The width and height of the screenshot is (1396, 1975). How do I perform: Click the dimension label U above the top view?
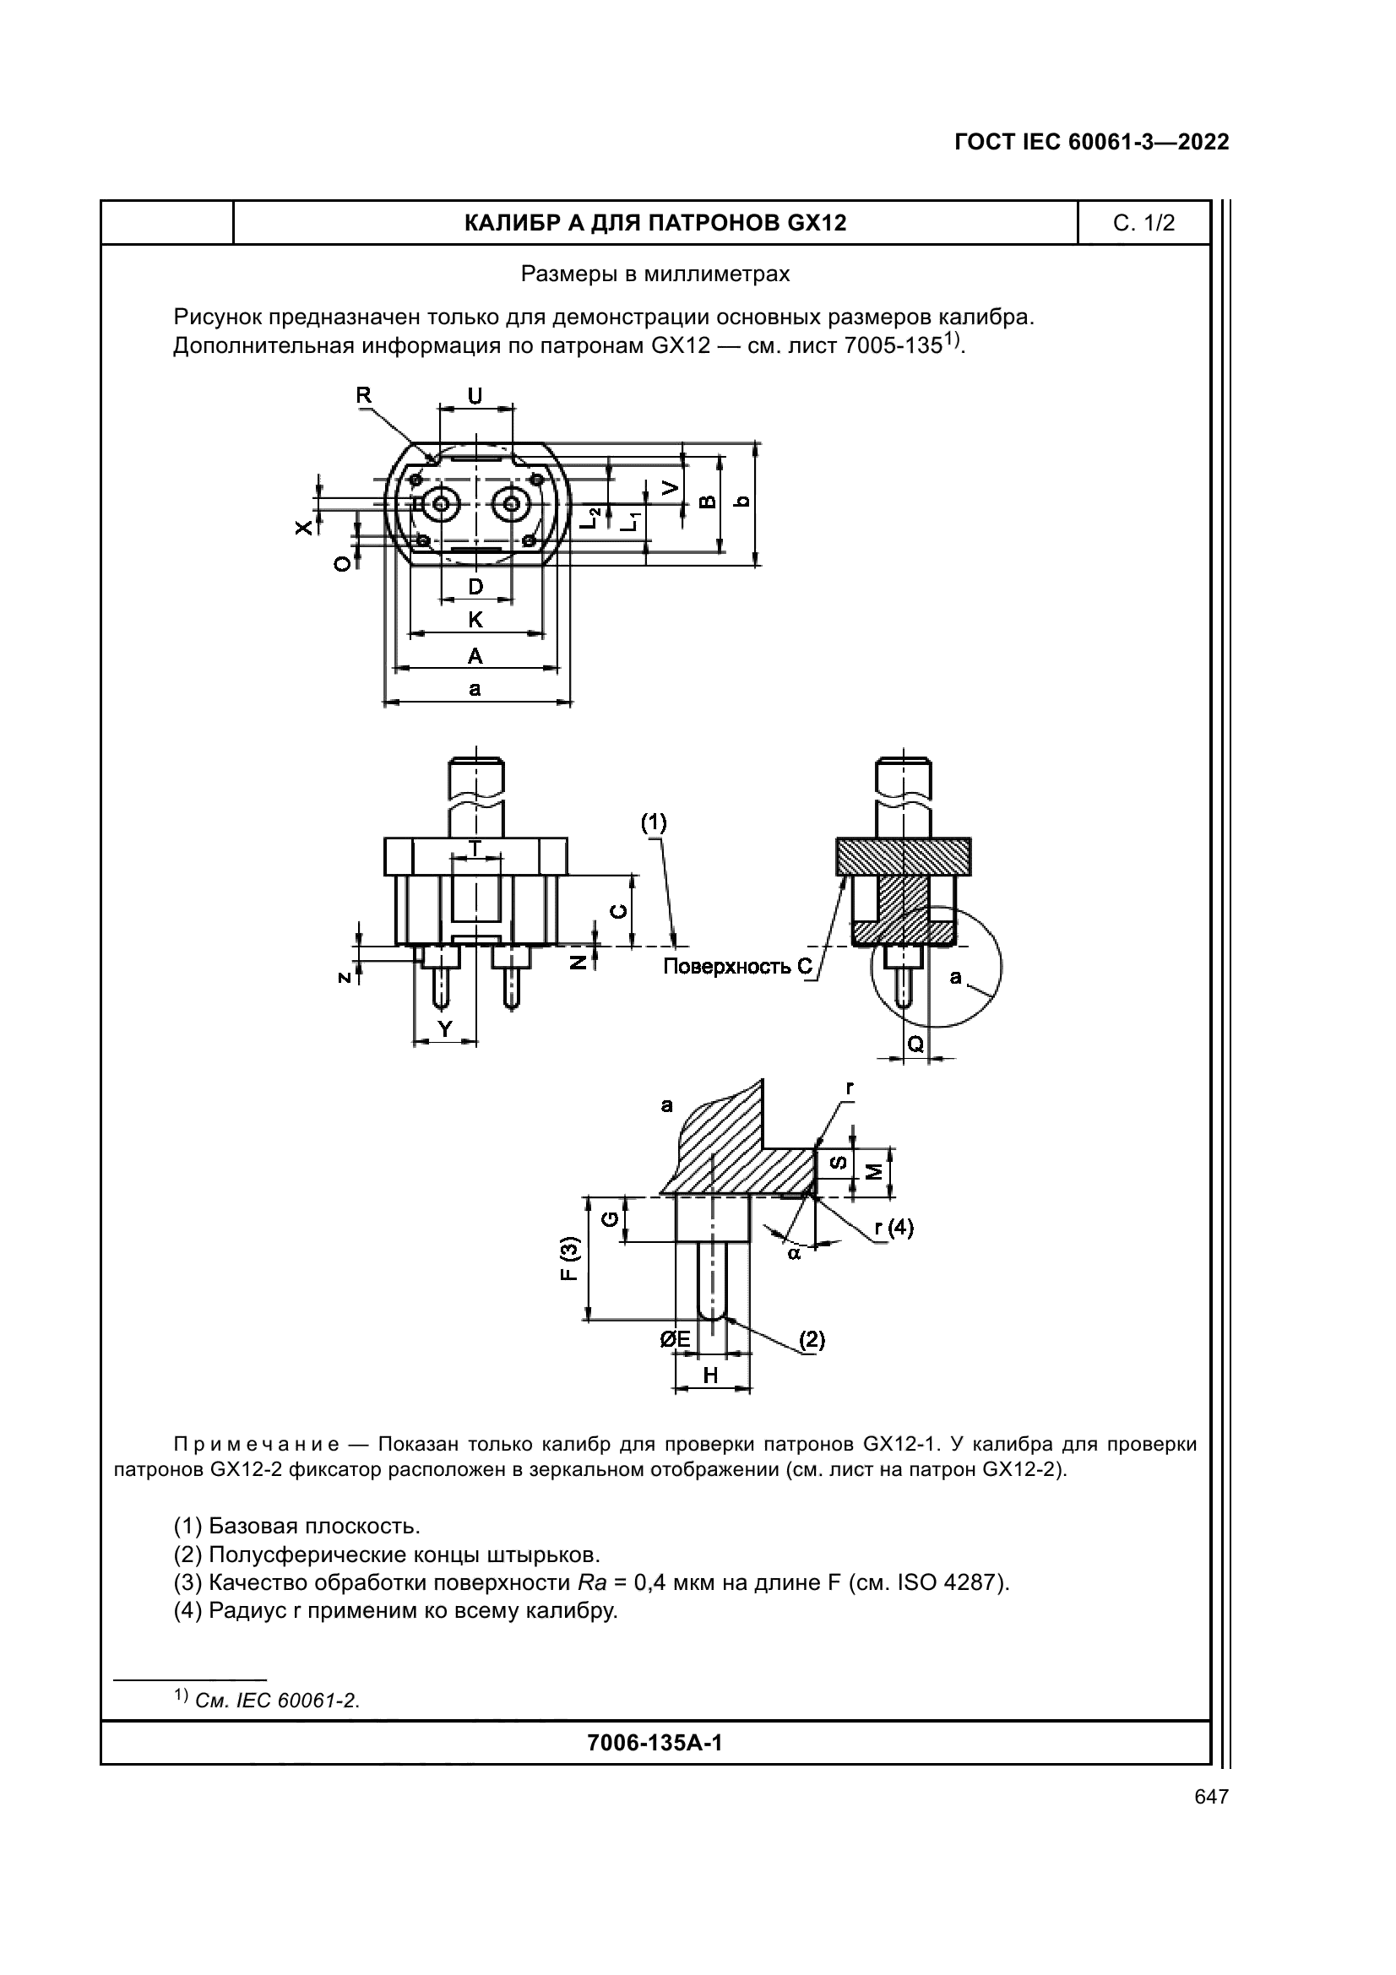[x=475, y=396]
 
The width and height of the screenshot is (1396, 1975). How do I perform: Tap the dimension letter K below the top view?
[x=475, y=619]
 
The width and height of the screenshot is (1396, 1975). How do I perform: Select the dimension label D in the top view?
[x=475, y=587]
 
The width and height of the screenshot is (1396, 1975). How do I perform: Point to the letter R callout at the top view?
[x=364, y=395]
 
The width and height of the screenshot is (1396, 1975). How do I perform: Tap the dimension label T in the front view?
[x=474, y=846]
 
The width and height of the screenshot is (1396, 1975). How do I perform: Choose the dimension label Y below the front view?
[x=445, y=1028]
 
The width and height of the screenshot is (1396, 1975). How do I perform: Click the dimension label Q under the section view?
[x=916, y=1044]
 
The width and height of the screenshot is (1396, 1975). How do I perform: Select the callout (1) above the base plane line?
[x=654, y=823]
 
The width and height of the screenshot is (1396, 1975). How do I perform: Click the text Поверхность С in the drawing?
[x=737, y=967]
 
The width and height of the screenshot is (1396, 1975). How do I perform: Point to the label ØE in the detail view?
[x=676, y=1339]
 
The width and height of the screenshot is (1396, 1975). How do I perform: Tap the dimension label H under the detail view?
[x=711, y=1375]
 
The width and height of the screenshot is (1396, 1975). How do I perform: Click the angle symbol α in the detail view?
[x=794, y=1254]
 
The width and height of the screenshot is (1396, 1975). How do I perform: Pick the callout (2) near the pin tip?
[x=812, y=1339]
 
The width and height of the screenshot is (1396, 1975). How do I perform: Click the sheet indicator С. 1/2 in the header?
[x=1143, y=224]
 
